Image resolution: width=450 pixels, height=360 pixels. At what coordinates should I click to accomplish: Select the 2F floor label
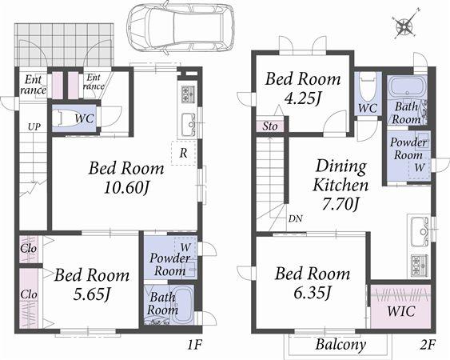click(x=428, y=346)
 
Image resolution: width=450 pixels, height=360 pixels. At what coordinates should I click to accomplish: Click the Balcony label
click(x=340, y=346)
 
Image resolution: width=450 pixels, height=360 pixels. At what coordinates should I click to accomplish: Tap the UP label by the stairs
click(x=34, y=127)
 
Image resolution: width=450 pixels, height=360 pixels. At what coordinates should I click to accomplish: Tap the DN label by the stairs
click(x=296, y=218)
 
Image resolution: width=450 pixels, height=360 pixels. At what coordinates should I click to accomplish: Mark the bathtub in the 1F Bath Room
click(x=180, y=304)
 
